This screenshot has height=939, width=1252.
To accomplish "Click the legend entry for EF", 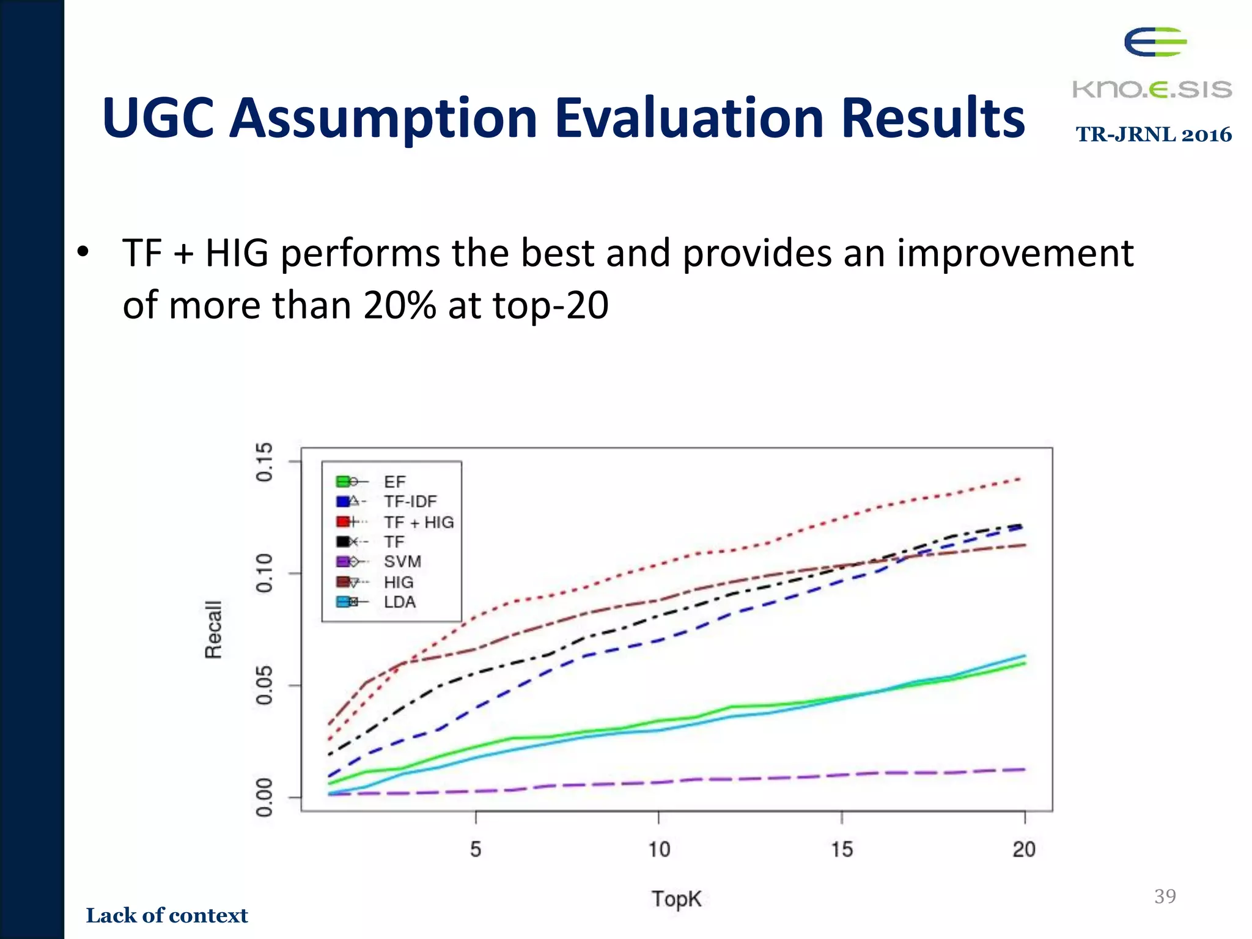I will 394,482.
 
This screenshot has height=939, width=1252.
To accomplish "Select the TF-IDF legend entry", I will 410,502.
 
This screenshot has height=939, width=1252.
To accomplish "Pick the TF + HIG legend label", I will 419,522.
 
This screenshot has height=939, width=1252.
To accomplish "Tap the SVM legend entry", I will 402,562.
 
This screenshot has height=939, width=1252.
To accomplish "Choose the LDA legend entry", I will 400,602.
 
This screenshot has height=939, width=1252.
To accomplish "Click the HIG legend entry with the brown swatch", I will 399,582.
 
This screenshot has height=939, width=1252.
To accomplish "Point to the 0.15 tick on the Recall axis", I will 264,462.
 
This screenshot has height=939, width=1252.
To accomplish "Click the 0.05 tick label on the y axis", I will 264,685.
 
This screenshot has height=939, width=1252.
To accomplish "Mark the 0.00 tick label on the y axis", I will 264,797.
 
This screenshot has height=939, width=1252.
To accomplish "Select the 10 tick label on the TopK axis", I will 659,850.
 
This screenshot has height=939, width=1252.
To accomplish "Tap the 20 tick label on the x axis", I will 1025,850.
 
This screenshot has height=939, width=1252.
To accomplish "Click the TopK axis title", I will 676,899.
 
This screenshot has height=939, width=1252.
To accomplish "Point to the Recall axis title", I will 213,629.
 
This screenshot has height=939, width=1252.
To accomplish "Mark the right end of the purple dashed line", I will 1023,769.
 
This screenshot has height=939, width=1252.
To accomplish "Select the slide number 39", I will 1165,896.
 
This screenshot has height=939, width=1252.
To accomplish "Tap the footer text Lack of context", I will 167,915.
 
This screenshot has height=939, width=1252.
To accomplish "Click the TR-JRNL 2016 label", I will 1154,134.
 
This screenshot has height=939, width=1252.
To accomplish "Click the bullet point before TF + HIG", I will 83,252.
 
